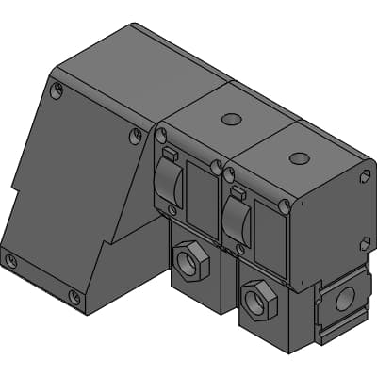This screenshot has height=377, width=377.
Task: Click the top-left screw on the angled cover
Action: coord(57,91)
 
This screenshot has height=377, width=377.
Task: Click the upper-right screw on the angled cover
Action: coord(136,136)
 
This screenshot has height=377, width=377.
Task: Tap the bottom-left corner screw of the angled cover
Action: coord(11,260)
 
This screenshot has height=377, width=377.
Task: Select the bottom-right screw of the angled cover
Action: coord(74,297)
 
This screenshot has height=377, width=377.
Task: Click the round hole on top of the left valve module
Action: coord(229,121)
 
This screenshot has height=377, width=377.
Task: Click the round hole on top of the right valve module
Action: coord(299,157)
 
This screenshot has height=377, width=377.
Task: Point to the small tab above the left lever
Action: coord(169,152)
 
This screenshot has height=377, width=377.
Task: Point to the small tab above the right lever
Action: coord(238,194)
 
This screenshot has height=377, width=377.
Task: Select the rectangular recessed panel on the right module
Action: coord(269,238)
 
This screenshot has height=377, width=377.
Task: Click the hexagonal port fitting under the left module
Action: coord(193,259)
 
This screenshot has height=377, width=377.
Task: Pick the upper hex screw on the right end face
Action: coord(365,176)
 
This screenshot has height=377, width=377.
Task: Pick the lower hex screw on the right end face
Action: coord(365,244)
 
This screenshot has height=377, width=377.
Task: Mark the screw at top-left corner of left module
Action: coord(161,133)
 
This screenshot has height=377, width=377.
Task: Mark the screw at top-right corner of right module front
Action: coord(284,205)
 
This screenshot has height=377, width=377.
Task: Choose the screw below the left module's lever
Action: coord(172,210)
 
